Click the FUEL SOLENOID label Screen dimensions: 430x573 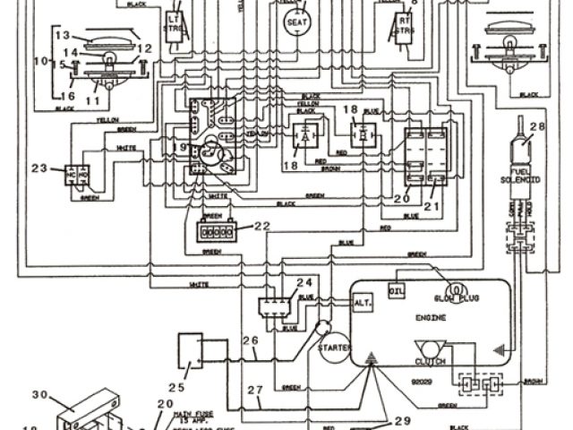coord(517,176)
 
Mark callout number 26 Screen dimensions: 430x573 coord(251,340)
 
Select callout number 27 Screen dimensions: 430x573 coord(255,389)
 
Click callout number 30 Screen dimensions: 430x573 coord(38,394)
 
